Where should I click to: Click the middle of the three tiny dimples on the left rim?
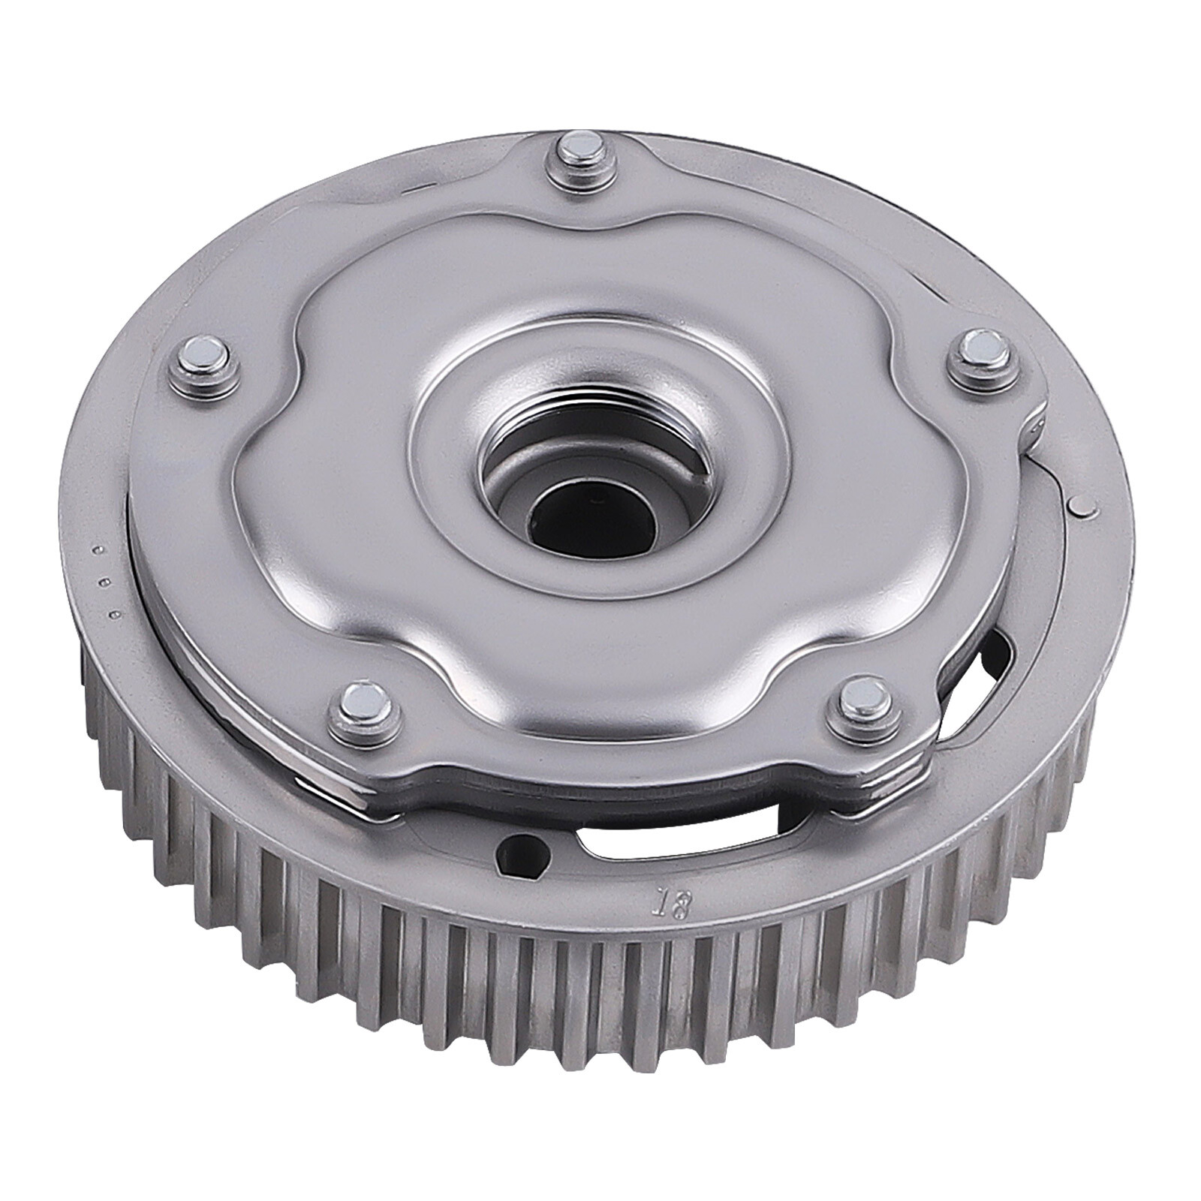[x=108, y=581]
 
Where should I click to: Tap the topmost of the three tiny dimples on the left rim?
[x=98, y=554]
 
